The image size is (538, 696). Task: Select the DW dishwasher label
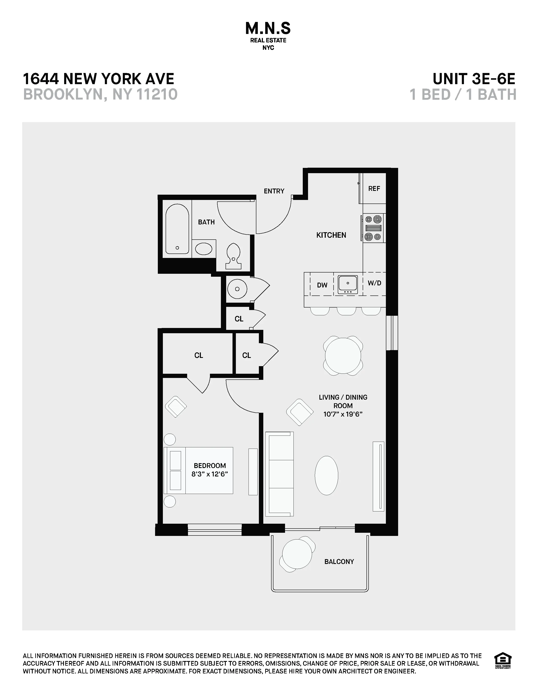322,285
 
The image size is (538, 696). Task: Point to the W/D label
374,283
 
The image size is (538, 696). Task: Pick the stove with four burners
373,228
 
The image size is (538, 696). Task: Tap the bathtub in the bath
177,229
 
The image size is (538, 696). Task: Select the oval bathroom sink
204,249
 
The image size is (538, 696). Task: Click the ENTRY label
274,191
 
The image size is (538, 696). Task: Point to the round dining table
343,355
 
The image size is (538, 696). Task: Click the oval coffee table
326,475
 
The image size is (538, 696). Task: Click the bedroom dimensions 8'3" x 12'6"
210,474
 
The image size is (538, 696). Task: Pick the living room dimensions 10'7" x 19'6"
343,414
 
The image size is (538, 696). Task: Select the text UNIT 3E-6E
474,79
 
